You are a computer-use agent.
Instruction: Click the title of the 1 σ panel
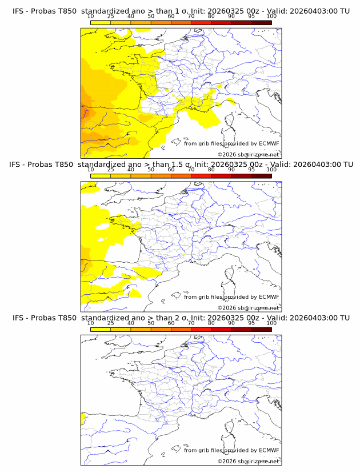pos(181,11)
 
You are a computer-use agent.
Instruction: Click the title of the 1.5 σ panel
pos(181,164)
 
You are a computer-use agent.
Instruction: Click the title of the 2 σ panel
pos(181,318)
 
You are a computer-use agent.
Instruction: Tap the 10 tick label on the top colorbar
pos(90,17)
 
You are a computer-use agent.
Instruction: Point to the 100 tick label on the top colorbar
pos(271,17)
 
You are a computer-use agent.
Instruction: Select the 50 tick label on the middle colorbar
pos(151,170)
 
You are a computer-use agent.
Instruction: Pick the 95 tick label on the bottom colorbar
pos(251,323)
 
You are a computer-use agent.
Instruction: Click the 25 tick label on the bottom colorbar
pos(110,323)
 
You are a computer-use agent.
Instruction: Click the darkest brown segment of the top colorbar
pos(261,22)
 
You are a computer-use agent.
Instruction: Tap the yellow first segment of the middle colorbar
pos(100,176)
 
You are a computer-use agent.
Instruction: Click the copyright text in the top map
pos(248,154)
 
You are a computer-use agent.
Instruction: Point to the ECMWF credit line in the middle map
pos(231,296)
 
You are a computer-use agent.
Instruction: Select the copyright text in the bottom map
pos(248,461)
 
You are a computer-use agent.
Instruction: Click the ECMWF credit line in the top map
pos(231,143)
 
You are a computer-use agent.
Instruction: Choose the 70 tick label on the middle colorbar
pos(191,170)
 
